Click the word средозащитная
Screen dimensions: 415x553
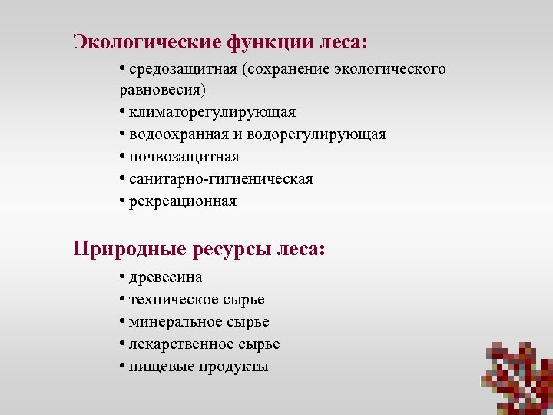coord(184,70)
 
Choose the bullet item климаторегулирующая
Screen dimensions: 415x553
coord(213,113)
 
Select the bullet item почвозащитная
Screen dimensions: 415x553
coord(184,158)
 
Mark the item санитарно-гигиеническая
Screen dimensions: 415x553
coord(221,179)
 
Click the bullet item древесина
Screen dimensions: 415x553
coord(166,277)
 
